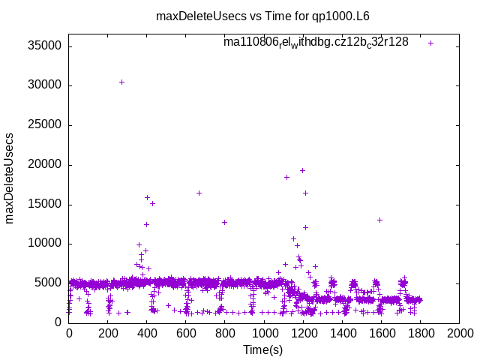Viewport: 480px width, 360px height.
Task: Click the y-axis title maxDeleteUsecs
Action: click(x=10, y=178)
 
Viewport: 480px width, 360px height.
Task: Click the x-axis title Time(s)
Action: click(x=263, y=349)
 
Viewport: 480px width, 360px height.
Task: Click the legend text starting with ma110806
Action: click(x=316, y=43)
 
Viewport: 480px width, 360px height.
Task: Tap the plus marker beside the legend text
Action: click(x=430, y=43)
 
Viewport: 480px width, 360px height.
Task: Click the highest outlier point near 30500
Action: click(x=121, y=82)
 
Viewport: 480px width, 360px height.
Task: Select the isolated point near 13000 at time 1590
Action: click(x=379, y=220)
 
